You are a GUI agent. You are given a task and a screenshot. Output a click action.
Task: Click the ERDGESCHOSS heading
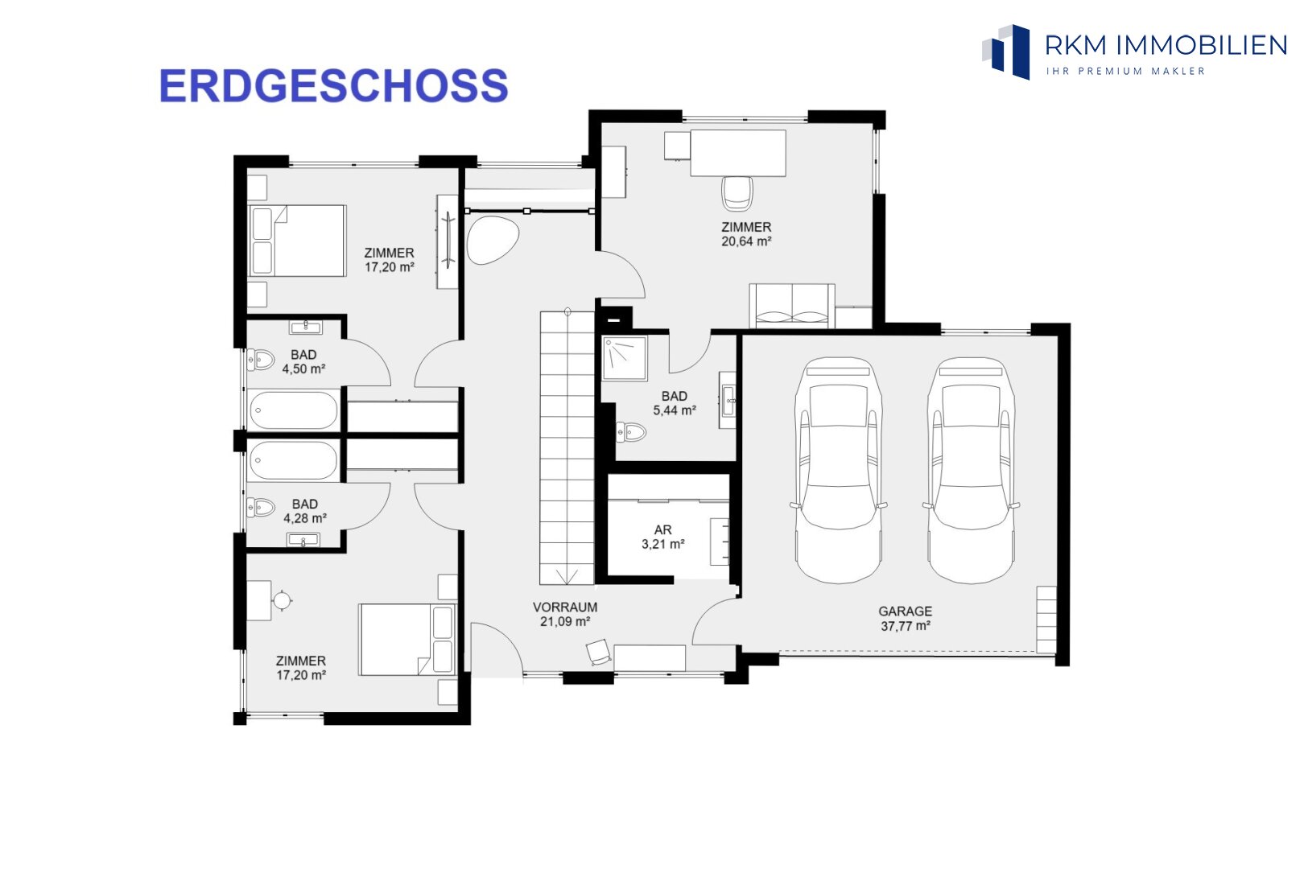[333, 86]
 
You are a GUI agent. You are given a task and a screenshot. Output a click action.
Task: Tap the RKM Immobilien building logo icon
[1006, 51]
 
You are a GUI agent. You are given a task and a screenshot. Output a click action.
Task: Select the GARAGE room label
[906, 612]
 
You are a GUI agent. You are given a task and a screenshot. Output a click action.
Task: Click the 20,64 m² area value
[746, 241]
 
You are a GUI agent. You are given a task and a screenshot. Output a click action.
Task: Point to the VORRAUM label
[565, 607]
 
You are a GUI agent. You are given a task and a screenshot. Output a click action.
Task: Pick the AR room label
[662, 529]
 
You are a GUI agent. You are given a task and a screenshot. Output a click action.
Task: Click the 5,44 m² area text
[674, 410]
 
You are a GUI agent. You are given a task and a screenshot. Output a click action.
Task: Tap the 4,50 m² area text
[303, 369]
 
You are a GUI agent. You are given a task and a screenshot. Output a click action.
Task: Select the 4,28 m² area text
[304, 518]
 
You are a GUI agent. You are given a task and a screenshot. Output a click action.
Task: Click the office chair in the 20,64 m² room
[737, 193]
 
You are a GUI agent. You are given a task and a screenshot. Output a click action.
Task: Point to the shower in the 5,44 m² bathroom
[625, 358]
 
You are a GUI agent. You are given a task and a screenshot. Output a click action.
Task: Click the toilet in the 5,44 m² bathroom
[631, 432]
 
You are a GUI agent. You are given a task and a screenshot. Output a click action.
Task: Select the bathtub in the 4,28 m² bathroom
[293, 459]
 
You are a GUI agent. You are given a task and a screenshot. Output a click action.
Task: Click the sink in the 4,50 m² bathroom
[306, 327]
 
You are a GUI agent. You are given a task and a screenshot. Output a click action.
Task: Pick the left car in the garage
[838, 470]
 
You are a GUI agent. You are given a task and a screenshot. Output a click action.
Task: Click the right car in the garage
[971, 470]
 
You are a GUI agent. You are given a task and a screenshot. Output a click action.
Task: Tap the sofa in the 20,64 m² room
[792, 307]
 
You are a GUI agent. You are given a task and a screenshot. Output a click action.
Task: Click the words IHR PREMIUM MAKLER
[1125, 71]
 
